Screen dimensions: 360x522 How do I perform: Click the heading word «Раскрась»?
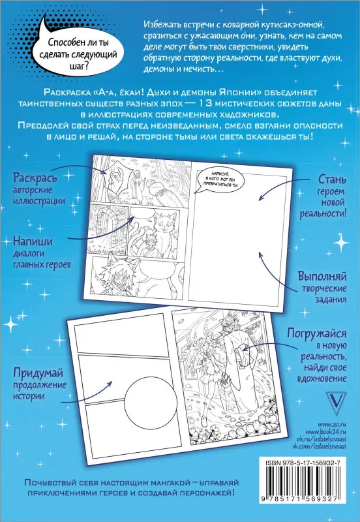(35, 178)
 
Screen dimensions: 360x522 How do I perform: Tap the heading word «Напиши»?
(33, 241)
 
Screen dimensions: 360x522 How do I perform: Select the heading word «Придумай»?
(38, 373)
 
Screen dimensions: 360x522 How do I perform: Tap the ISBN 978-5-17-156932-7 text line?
(301, 463)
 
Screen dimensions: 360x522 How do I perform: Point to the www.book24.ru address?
(325, 432)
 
